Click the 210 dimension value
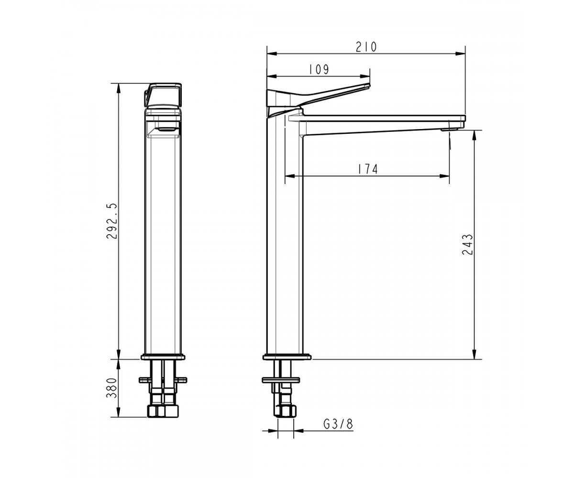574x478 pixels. coord(366,47)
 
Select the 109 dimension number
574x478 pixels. coord(319,69)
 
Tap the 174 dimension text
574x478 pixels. coord(368,169)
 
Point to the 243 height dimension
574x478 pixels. coord(467,244)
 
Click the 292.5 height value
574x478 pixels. coord(111,221)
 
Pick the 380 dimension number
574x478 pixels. coord(111,388)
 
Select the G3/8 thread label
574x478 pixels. coord(338,424)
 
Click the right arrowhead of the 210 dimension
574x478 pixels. coord(461,54)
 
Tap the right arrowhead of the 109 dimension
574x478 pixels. coord(365,76)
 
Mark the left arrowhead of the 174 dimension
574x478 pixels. coord(290,176)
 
